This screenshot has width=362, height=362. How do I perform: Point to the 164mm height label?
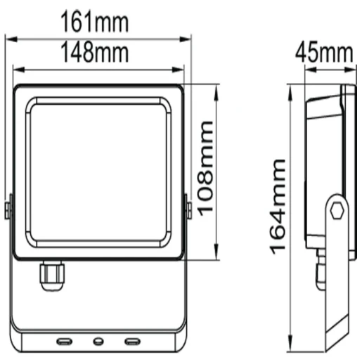point(277,205)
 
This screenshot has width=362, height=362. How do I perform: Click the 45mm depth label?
point(323,52)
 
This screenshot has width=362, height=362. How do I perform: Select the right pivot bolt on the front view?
point(188,209)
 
